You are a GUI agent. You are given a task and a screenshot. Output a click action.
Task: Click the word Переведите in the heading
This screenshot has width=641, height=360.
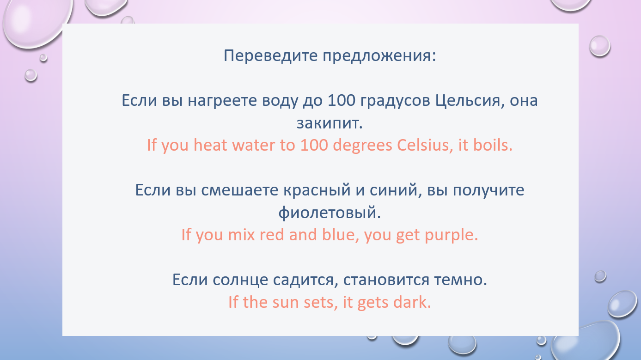(x=270, y=55)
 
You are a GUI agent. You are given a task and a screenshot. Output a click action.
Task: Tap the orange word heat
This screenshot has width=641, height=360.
(x=210, y=145)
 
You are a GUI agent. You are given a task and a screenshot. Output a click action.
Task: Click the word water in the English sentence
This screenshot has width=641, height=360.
(x=253, y=146)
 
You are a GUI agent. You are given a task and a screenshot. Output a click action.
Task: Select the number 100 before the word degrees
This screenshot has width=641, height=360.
(x=314, y=145)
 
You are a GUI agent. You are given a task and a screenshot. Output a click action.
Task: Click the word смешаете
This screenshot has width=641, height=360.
(x=239, y=190)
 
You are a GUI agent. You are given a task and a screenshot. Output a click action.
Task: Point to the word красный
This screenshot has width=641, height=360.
(x=317, y=190)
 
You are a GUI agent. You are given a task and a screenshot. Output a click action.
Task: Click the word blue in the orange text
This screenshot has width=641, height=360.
(x=339, y=235)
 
